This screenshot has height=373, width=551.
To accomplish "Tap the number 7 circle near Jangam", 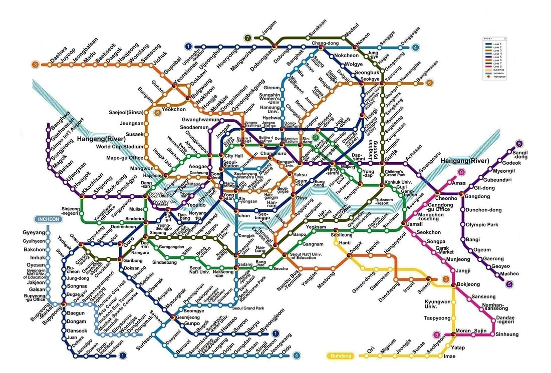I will point(247,38).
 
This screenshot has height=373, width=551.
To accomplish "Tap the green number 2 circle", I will point(316,138).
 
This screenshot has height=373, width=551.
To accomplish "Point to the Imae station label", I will point(450,356).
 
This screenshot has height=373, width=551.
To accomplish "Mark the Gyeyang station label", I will point(34,233).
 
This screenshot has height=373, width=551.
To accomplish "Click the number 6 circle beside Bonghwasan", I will point(429,83).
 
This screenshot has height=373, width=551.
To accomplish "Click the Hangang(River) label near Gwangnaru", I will point(464,161).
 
